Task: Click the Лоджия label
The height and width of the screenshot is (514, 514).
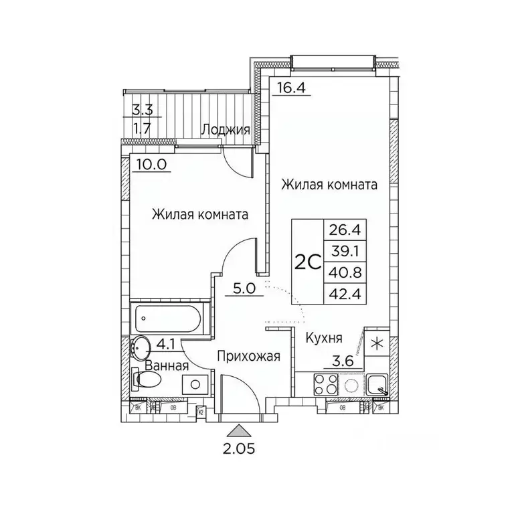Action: tap(227, 130)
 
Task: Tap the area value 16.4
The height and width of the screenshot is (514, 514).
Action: tap(290, 87)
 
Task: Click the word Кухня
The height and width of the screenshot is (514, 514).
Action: tap(325, 338)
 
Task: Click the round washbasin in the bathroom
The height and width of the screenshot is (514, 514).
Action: tap(141, 347)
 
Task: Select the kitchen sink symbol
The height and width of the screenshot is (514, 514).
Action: tap(378, 385)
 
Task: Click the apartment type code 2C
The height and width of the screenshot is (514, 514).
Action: tap(308, 262)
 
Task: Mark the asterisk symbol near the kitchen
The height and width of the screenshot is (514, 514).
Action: tap(378, 344)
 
